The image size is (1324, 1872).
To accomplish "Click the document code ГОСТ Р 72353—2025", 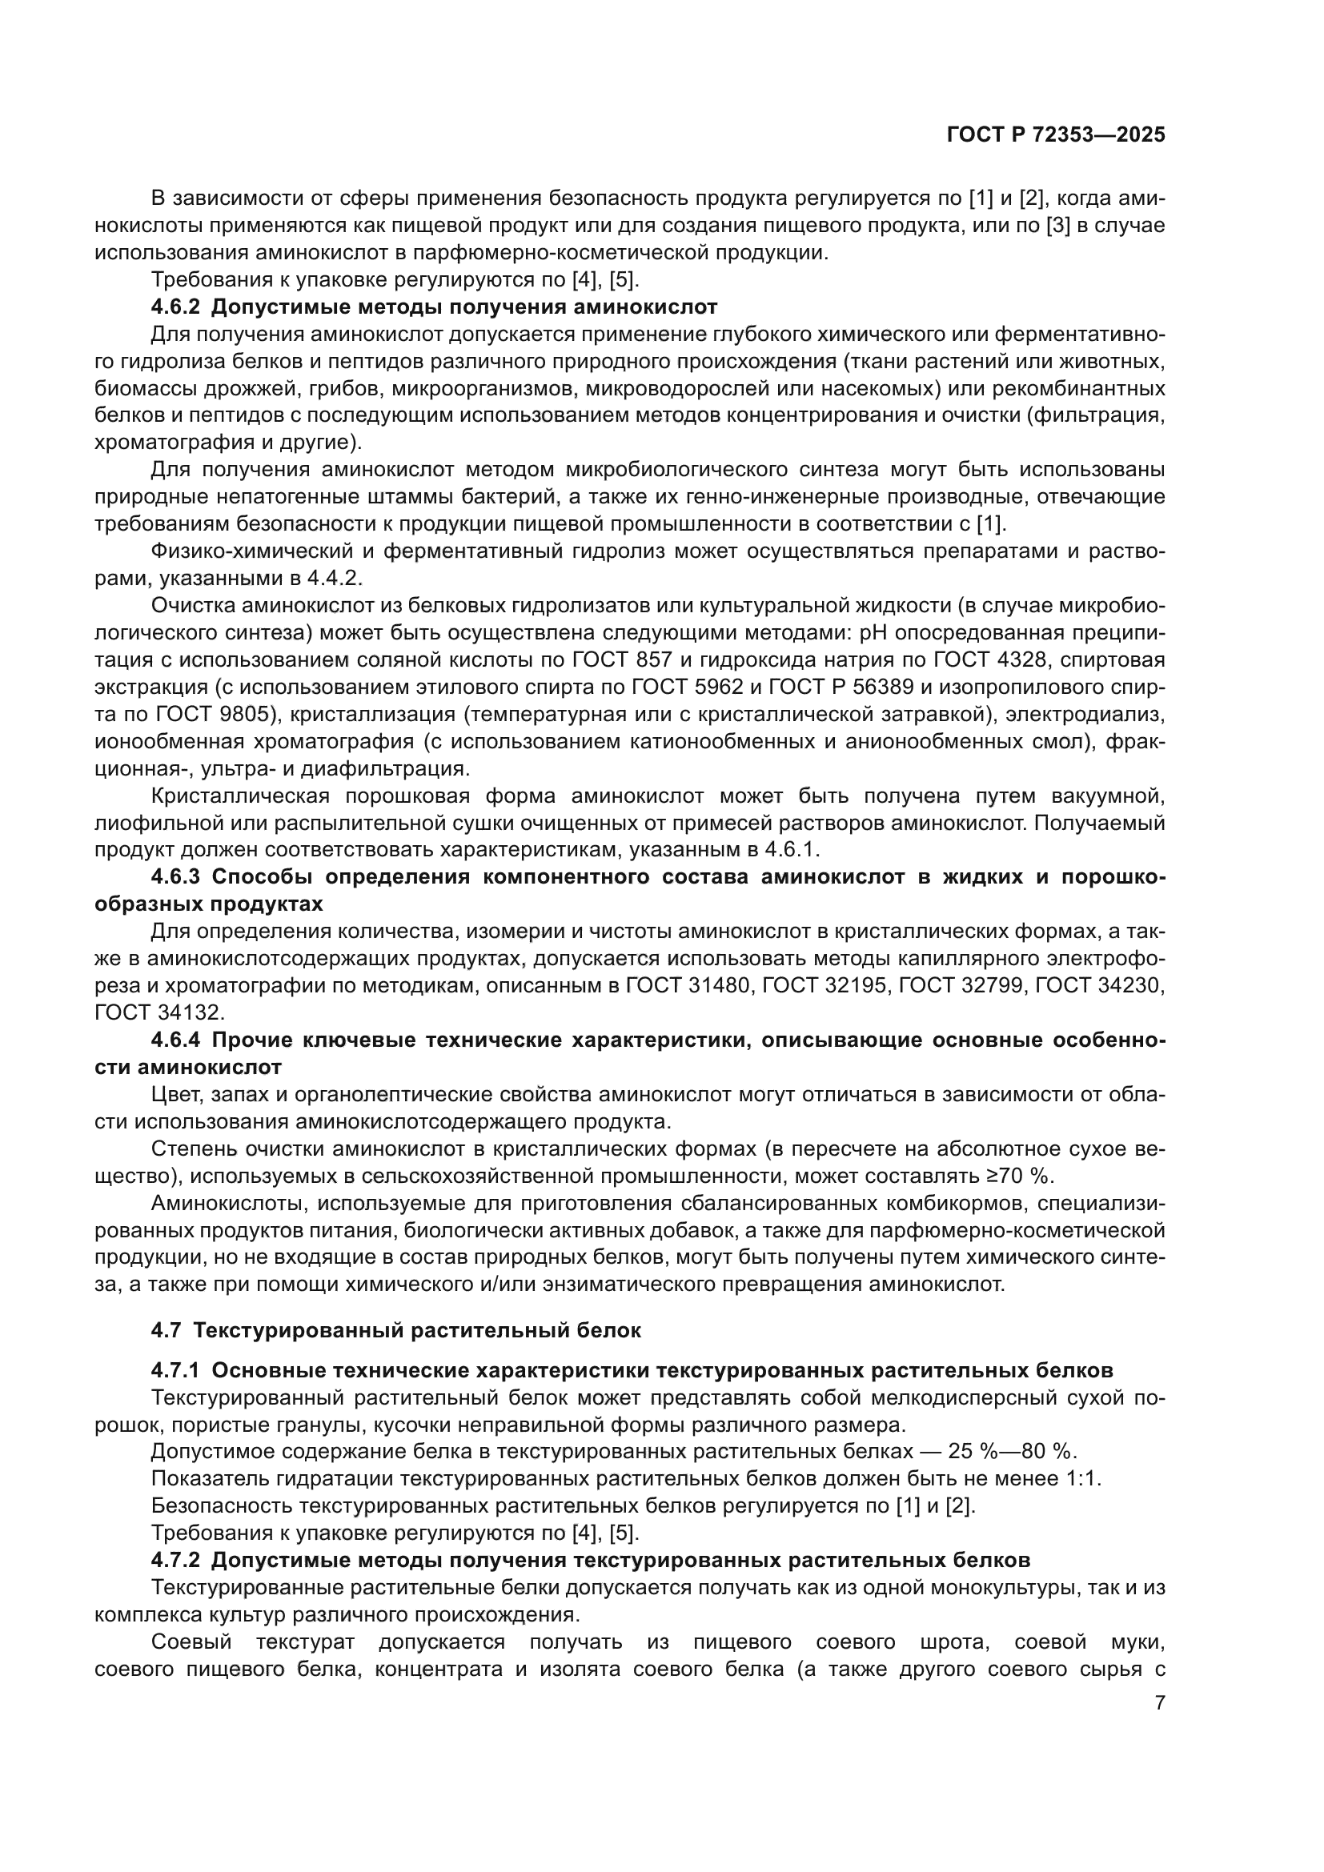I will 1056,135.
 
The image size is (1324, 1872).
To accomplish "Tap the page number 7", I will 1159,1702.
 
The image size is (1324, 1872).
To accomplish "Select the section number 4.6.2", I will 177,307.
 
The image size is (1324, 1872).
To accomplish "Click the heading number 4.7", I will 166,1331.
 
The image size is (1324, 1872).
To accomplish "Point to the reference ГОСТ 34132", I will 158,1012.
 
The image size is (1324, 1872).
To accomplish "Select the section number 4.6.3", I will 177,877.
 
